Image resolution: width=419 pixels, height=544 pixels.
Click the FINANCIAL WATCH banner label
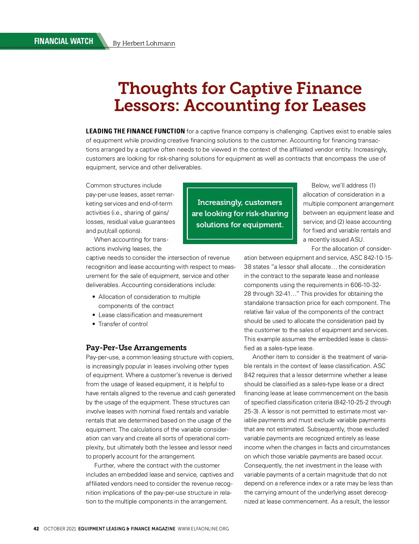64,41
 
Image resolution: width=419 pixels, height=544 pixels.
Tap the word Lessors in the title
146,105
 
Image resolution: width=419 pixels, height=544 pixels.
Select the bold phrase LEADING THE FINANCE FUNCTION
135,131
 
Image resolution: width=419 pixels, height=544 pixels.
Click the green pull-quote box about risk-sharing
240,213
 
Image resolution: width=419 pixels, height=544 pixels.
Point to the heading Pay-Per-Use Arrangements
136,347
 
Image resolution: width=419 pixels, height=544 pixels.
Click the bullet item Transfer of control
123,324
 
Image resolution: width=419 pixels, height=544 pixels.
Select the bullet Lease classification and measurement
150,315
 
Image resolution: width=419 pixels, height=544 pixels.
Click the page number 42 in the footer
36,529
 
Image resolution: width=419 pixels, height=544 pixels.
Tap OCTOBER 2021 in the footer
60,529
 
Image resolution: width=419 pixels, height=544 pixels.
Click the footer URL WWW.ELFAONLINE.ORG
203,529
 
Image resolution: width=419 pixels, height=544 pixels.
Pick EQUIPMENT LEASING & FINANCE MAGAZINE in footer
127,529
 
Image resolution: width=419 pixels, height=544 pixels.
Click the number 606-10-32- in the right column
366,285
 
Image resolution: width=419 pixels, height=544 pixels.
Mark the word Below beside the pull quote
320,185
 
